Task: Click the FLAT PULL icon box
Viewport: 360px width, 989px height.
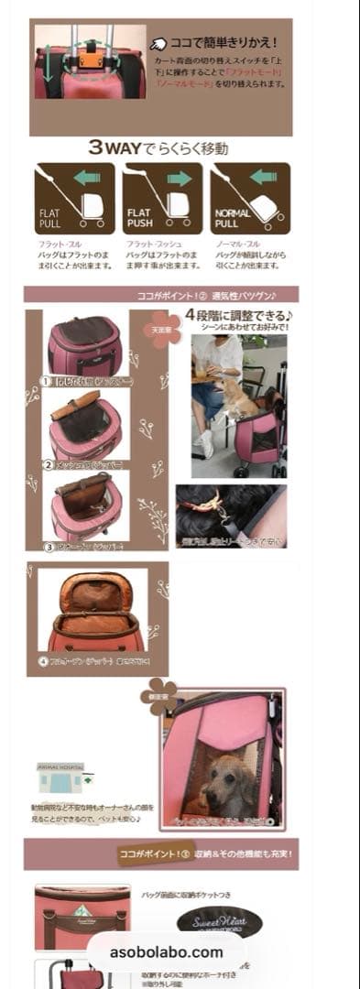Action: (74, 199)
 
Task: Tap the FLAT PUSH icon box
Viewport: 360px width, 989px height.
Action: (162, 199)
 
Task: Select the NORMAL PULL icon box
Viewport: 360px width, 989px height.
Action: (250, 199)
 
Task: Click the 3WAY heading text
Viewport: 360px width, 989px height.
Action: (158, 147)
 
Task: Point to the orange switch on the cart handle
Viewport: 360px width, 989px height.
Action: (91, 60)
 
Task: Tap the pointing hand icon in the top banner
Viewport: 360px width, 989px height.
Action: (158, 43)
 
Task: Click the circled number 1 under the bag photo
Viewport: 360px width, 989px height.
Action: (45, 381)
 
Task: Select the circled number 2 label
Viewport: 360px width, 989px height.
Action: (49, 464)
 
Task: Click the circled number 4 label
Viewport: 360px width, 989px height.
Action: (43, 659)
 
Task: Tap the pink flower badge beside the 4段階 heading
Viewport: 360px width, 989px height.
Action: (166, 329)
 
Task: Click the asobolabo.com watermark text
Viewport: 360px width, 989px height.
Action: (167, 951)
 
